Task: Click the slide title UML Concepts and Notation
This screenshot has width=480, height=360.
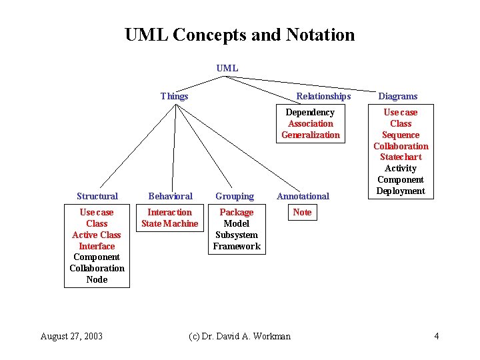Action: (239, 35)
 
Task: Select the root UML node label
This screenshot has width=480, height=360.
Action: (227, 68)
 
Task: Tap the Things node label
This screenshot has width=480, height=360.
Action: (174, 96)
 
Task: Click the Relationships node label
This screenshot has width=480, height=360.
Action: (323, 96)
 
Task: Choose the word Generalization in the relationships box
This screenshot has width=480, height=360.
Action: (310, 135)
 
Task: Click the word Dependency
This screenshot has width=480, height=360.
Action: (310, 112)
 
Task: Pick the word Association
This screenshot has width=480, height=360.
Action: (310, 123)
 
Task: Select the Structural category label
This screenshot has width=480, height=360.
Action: (97, 196)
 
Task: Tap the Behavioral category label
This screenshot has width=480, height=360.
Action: (170, 196)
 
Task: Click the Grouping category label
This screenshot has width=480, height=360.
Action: (235, 196)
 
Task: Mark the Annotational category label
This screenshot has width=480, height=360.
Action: (303, 196)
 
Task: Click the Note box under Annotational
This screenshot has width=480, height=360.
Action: (302, 212)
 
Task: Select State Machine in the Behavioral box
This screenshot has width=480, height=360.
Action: (169, 223)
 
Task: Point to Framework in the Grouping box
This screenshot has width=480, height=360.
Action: (237, 246)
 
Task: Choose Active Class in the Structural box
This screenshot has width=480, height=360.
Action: (97, 235)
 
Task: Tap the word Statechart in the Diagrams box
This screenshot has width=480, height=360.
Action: (401, 157)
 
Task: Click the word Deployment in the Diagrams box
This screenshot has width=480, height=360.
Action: (401, 191)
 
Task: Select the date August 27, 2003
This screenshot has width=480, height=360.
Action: (71, 336)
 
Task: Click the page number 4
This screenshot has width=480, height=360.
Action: (436, 336)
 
